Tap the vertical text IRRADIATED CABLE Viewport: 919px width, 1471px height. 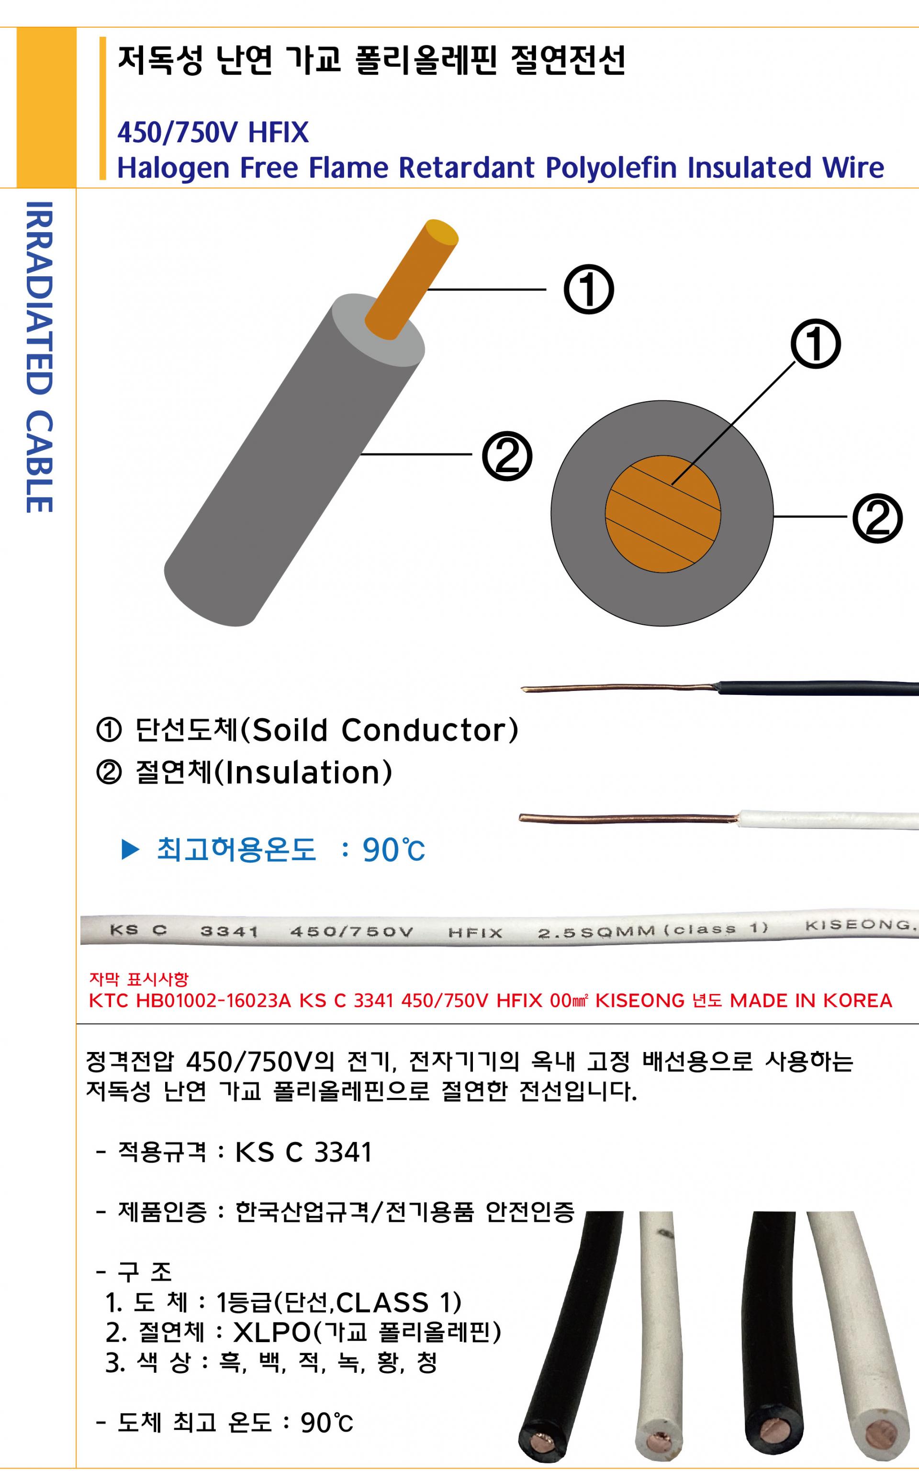pos(40,357)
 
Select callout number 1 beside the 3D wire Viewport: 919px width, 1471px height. pos(588,289)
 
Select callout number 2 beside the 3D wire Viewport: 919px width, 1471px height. pos(507,456)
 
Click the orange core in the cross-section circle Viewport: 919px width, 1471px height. pos(662,514)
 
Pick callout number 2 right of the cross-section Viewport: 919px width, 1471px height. pos(877,519)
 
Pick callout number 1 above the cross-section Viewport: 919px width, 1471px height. pos(816,344)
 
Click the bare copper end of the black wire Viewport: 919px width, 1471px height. pos(614,689)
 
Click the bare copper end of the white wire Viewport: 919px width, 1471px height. pos(626,818)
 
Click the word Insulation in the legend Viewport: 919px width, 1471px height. pos(304,772)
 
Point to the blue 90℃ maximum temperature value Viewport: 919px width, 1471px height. pos(393,850)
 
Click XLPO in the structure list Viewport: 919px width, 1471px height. pos(272,1333)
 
